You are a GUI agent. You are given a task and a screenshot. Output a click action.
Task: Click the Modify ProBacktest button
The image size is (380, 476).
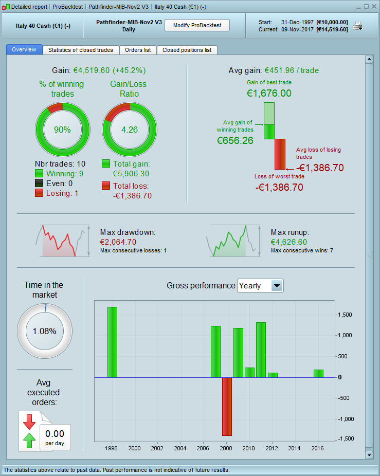197,26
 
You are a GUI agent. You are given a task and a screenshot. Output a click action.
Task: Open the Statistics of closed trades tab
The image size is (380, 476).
81,50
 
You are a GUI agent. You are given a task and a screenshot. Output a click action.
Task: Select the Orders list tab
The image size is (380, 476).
138,50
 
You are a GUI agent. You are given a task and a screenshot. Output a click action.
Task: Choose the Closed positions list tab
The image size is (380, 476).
187,50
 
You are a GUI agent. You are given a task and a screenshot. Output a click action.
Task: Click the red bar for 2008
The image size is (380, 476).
227,406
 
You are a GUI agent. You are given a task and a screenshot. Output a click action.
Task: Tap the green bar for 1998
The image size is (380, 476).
112,342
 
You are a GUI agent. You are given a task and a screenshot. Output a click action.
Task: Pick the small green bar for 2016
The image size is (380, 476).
318,374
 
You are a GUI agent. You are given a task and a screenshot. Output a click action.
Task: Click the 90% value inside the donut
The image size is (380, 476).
62,130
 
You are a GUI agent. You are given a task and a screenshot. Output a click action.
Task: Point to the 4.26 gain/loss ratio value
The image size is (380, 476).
130,130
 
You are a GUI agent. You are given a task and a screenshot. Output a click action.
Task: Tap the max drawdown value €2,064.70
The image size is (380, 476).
118,242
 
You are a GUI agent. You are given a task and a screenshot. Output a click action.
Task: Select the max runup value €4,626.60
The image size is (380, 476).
289,242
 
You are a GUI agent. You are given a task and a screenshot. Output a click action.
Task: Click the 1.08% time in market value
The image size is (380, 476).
45,331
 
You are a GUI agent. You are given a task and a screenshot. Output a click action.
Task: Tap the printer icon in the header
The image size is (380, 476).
357,26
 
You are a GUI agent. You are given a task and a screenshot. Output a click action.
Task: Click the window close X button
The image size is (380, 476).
373,7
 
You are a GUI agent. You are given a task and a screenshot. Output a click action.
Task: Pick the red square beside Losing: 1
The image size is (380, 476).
39,193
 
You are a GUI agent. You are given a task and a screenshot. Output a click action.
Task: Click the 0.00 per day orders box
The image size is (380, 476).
55,437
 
